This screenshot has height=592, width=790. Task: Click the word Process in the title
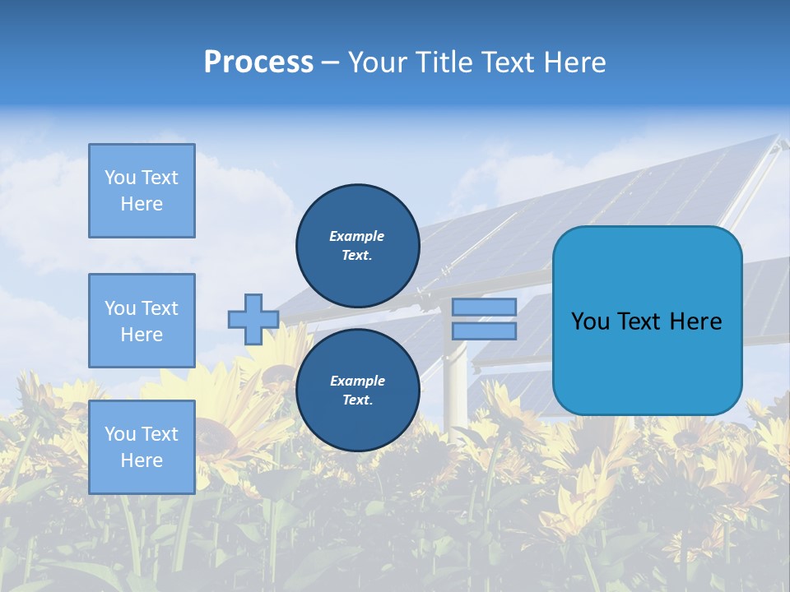258,62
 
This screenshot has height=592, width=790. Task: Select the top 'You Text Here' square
142,191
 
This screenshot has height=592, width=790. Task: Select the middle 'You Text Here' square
142,321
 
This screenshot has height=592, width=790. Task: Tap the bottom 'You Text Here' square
142,446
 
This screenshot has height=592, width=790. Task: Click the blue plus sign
253,319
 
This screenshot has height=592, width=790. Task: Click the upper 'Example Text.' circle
357,245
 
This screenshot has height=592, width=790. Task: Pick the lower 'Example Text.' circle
357,390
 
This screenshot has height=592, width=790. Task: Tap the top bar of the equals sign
484,307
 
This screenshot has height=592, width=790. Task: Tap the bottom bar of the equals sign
484,331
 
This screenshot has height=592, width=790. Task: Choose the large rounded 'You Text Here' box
647,321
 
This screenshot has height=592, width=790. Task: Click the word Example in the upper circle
357,236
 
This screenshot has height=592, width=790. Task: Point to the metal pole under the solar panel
454,386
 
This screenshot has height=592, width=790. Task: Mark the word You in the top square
120,178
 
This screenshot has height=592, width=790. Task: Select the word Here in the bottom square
142,460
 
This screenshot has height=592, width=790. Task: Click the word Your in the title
379,62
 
